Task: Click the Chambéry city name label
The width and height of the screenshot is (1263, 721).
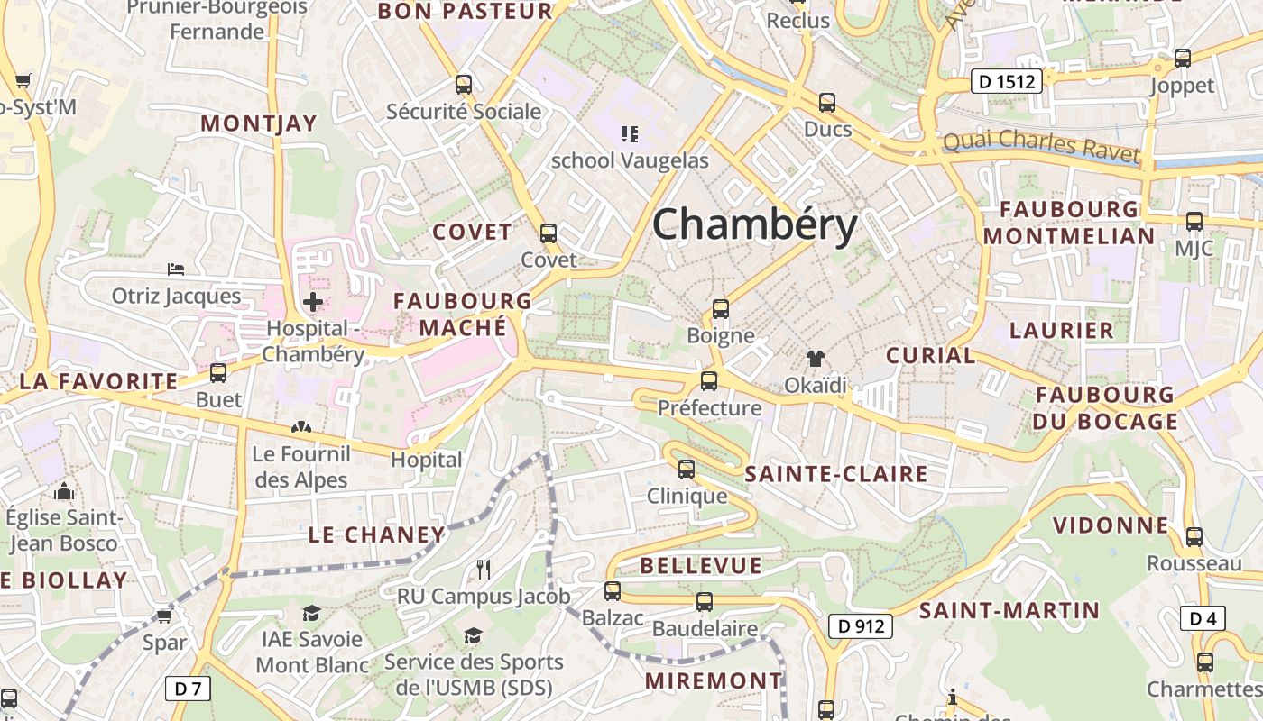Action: click(754, 224)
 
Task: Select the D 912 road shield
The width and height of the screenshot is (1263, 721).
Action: click(860, 626)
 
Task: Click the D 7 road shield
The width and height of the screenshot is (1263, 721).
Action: click(188, 689)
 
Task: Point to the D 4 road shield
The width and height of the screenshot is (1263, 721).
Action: click(1203, 618)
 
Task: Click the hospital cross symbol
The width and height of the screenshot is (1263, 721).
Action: click(313, 302)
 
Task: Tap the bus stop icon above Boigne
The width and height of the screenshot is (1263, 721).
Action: click(720, 309)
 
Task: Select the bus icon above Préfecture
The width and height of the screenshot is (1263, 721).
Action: click(709, 381)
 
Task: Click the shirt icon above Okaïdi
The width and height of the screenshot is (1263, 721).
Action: click(816, 359)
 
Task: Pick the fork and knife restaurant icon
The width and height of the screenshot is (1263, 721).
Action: click(484, 569)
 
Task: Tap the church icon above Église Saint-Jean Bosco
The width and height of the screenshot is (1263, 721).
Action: click(63, 491)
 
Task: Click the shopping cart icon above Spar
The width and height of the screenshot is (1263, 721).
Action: click(164, 616)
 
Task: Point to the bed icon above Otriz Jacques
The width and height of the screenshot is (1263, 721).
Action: click(176, 269)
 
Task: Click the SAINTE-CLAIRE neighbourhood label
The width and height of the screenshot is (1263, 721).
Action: click(836, 474)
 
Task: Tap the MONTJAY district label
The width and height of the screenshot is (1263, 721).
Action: click(259, 124)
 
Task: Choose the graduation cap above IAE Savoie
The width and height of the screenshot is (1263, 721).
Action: click(311, 613)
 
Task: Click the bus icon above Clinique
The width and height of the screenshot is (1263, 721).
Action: click(687, 469)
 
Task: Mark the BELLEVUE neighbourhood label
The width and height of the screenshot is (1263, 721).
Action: click(701, 566)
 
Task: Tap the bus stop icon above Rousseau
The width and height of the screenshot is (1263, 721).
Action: click(1194, 537)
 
